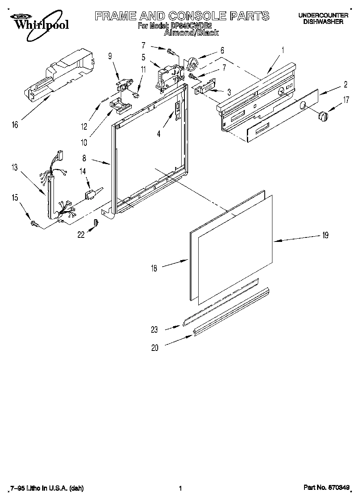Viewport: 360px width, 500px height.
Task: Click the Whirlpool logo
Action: click(39, 22)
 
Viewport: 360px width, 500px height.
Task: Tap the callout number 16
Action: click(15, 125)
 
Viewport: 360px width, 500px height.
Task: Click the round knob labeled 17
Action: click(323, 116)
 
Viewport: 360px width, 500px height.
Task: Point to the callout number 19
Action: click(325, 235)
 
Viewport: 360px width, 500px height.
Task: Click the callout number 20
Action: click(155, 347)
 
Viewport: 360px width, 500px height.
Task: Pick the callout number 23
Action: click(154, 329)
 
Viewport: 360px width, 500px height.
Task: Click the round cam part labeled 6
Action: click(192, 64)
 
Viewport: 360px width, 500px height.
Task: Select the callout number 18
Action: click(154, 268)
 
